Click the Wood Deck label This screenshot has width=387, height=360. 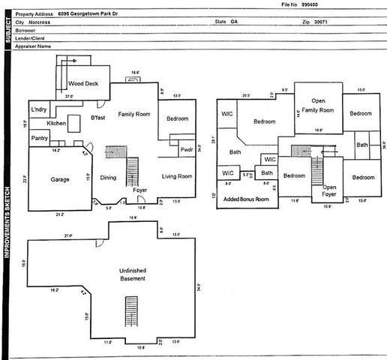tap(83, 84)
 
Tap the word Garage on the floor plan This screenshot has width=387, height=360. tap(60, 181)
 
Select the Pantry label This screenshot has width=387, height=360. tap(40, 138)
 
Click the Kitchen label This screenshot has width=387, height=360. tap(57, 123)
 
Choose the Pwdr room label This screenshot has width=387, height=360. tap(187, 149)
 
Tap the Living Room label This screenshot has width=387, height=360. tap(177, 176)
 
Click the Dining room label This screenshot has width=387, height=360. tap(109, 178)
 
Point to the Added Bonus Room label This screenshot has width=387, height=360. tap(244, 199)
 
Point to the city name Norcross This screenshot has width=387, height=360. tap(50, 22)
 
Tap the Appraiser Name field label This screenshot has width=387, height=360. tap(37, 46)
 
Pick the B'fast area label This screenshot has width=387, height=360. tap(97, 118)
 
